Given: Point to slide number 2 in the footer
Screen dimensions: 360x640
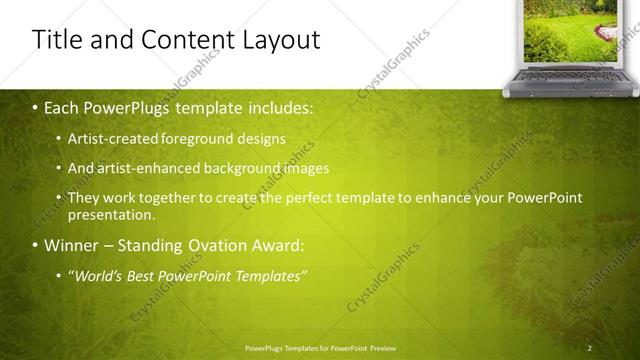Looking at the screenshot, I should pyautogui.click(x=590, y=347).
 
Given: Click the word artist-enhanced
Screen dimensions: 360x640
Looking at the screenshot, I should pyautogui.click(x=144, y=168).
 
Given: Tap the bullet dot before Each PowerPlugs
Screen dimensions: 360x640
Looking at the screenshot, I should pyautogui.click(x=34, y=105).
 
